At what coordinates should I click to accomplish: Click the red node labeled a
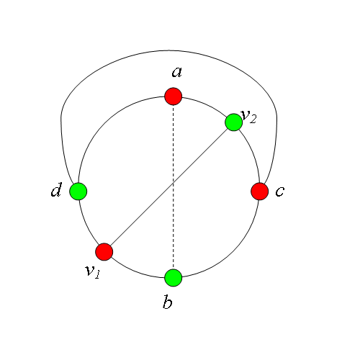pyautogui.click(x=174, y=96)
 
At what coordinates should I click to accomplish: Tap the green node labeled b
pyautogui.click(x=174, y=278)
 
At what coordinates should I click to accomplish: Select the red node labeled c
pyautogui.click(x=260, y=192)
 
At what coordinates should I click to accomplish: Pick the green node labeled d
pyautogui.click(x=78, y=192)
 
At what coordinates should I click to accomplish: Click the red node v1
pyautogui.click(x=104, y=252)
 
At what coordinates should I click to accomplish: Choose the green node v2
pyautogui.click(x=234, y=122)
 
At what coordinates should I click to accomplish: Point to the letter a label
pyautogui.click(x=177, y=72)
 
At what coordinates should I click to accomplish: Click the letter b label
pyautogui.click(x=168, y=302)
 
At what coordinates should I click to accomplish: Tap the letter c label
pyautogui.click(x=280, y=192)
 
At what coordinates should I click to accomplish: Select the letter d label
pyautogui.click(x=57, y=189)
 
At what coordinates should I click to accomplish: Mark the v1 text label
pyautogui.click(x=92, y=272)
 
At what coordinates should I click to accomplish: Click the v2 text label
pyautogui.click(x=249, y=117)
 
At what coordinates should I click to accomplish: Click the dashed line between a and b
pyautogui.click(x=174, y=187)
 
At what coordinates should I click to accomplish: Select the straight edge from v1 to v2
pyautogui.click(x=169, y=187)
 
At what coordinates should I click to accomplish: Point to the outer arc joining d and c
pyautogui.click(x=169, y=50)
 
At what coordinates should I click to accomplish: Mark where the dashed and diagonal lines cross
pyautogui.click(x=174, y=183)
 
